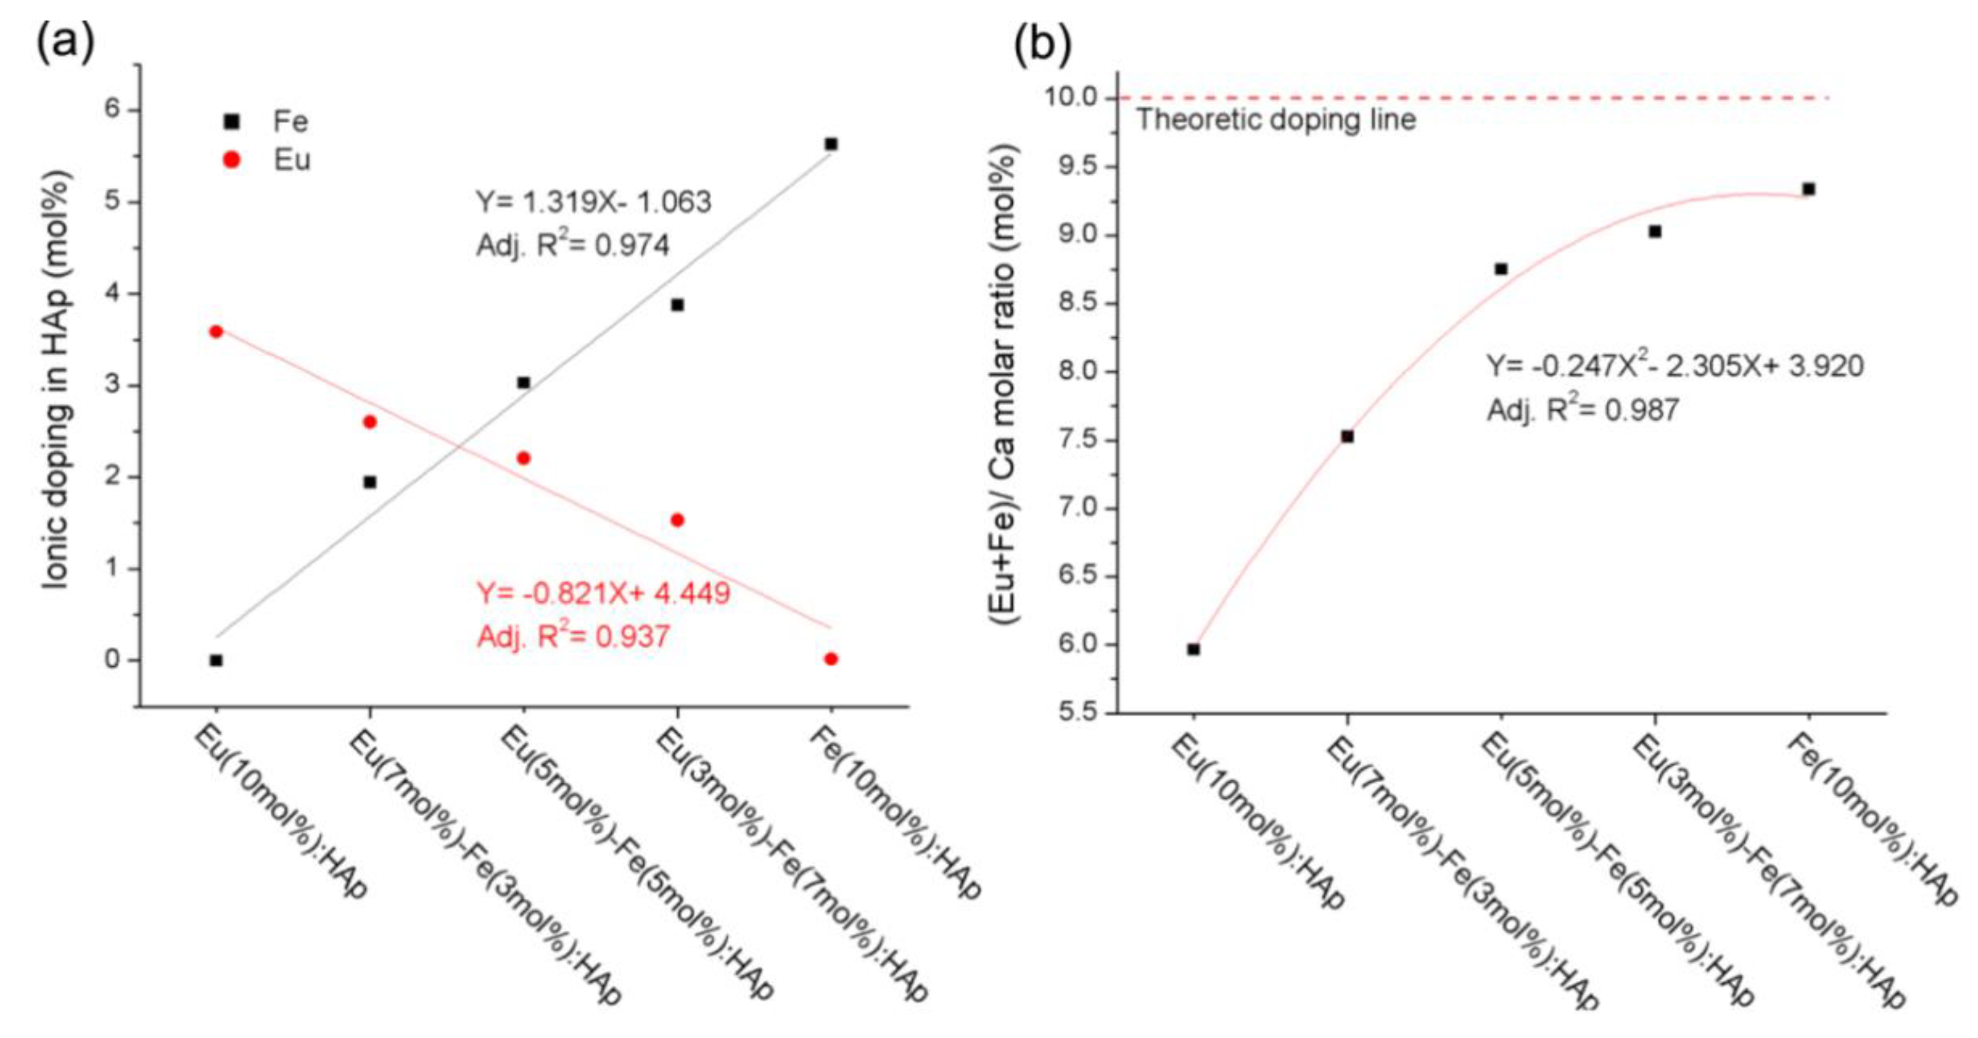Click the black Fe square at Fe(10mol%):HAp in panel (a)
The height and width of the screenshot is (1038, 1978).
831,144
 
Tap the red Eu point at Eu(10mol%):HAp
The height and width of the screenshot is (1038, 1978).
216,331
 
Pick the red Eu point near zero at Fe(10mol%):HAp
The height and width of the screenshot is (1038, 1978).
831,658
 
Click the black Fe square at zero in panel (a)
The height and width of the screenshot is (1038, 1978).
216,660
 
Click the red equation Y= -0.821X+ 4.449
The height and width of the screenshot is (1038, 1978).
603,593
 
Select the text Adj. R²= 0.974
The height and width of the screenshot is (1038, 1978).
573,244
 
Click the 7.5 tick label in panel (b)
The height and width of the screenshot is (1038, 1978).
1075,440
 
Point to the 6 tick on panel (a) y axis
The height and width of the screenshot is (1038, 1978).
113,110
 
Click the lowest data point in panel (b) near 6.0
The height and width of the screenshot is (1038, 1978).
1193,649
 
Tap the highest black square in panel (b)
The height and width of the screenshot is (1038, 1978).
1808,189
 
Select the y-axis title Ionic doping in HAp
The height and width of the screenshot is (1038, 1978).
58,380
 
